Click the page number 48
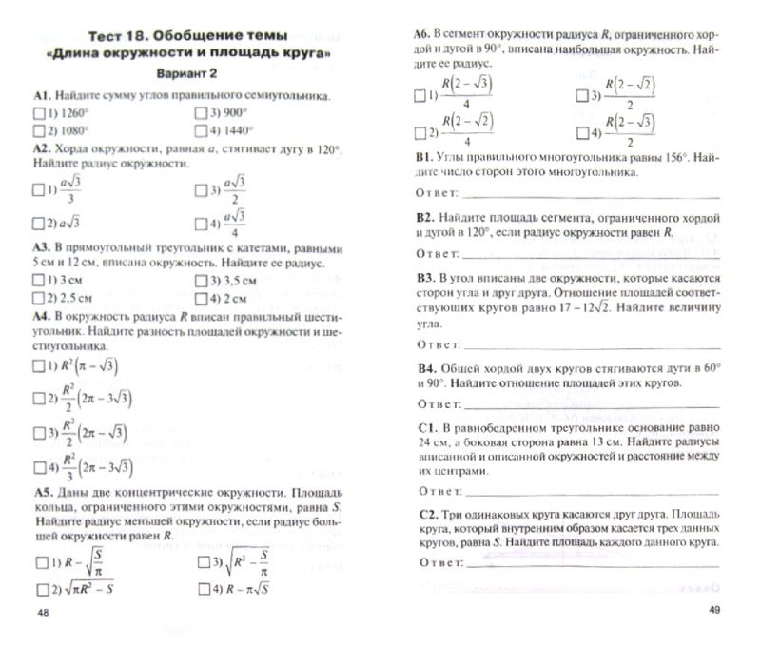[x=42, y=611]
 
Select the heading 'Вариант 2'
[x=186, y=75]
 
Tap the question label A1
[x=41, y=96]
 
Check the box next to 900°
[x=201, y=113]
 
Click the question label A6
[x=423, y=33]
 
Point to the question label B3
[x=425, y=277]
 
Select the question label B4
[x=425, y=367]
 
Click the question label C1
[x=425, y=429]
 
